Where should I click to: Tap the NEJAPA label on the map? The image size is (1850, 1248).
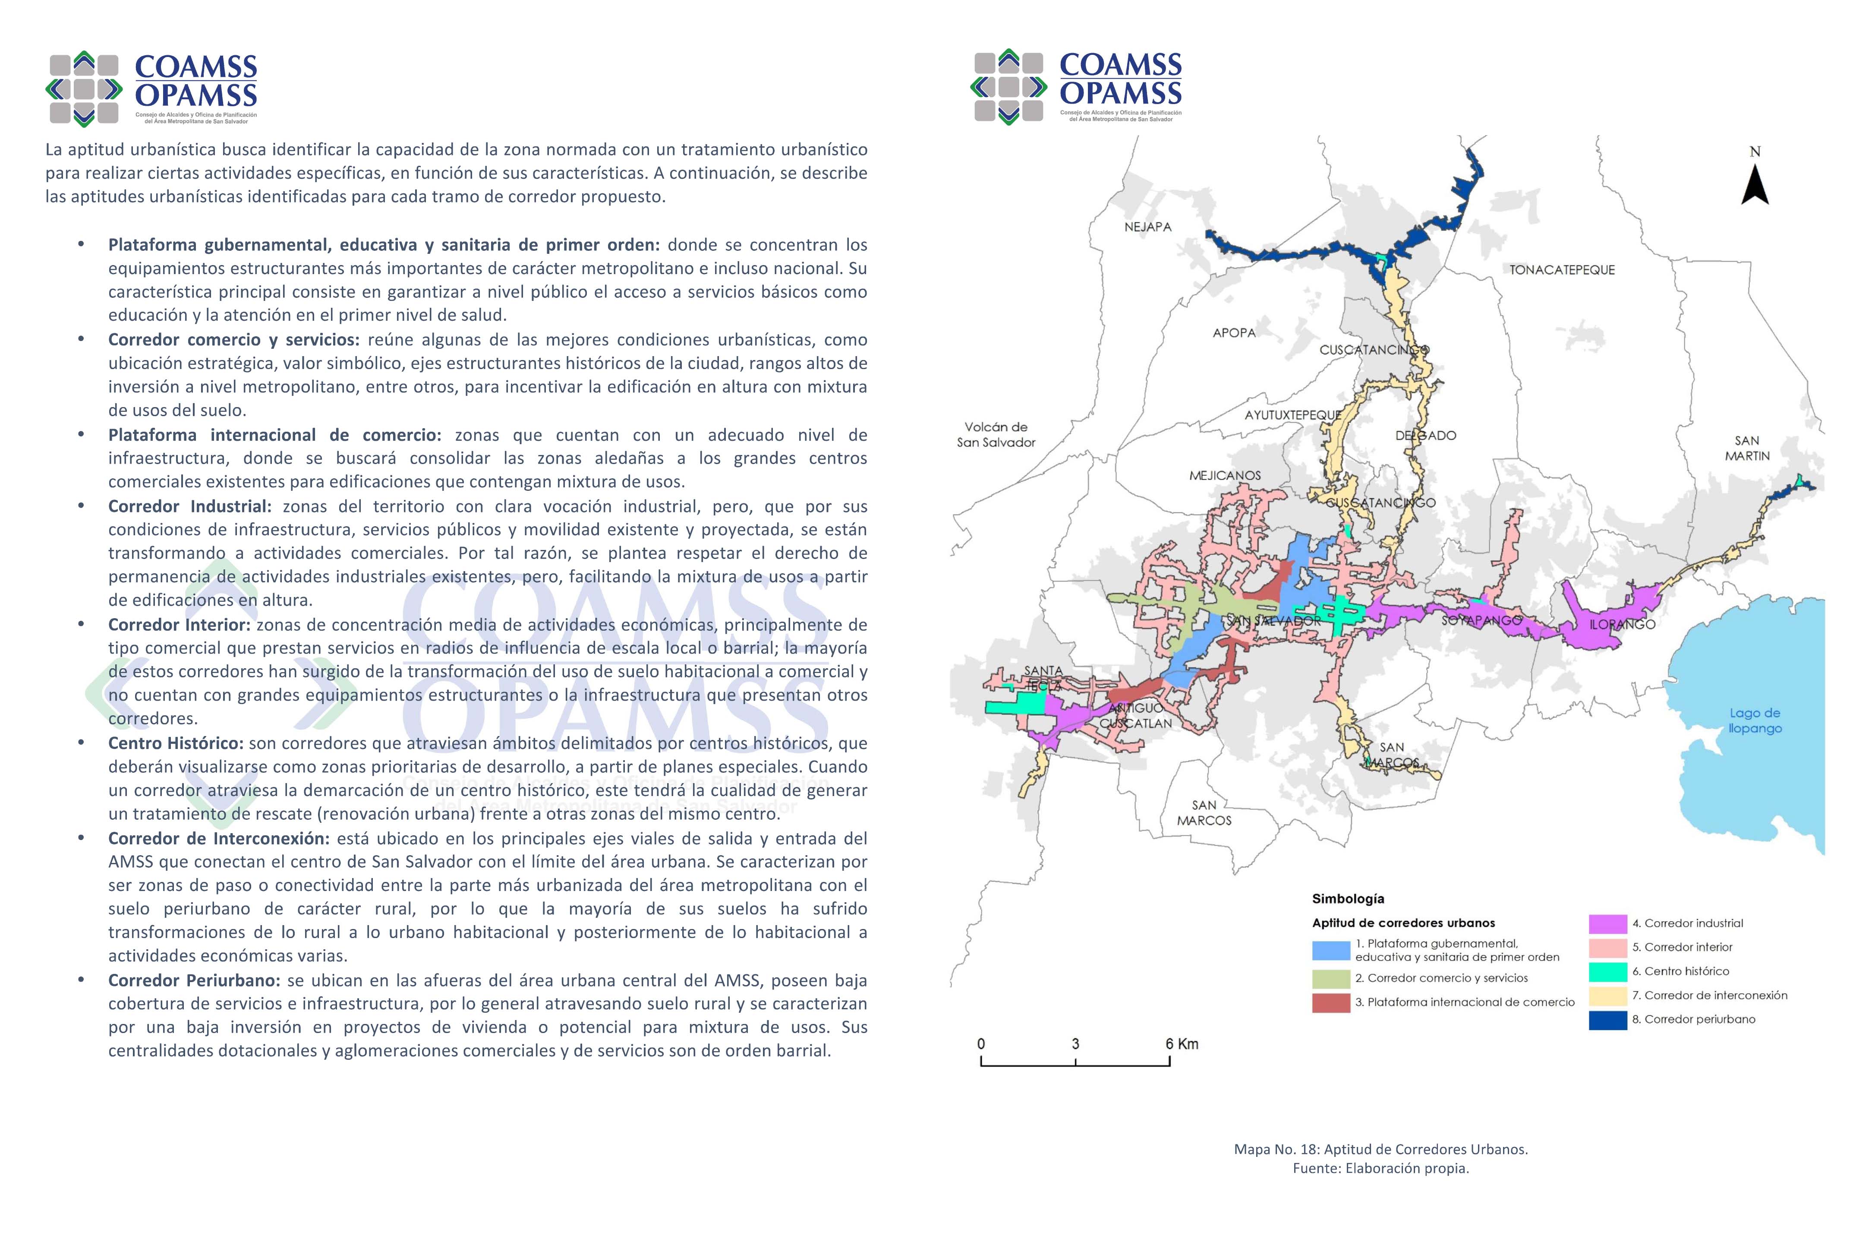coord(1147,227)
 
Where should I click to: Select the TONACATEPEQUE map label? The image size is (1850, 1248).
coord(1562,270)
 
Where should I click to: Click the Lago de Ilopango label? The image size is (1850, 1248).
coord(1755,720)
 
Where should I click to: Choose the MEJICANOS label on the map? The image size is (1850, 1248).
coord(1225,475)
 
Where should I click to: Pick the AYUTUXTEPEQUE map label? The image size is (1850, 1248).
coord(1293,415)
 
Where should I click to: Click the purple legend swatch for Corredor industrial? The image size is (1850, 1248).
coord(1607,923)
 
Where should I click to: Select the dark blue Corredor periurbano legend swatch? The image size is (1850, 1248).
coord(1607,1020)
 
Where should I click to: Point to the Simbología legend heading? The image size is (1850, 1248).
coord(1348,899)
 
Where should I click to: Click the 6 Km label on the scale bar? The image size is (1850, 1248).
coord(1182,1043)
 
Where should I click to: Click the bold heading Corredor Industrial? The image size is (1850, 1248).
coord(189,506)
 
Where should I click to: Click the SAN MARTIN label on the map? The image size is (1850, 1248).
coord(1747,448)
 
